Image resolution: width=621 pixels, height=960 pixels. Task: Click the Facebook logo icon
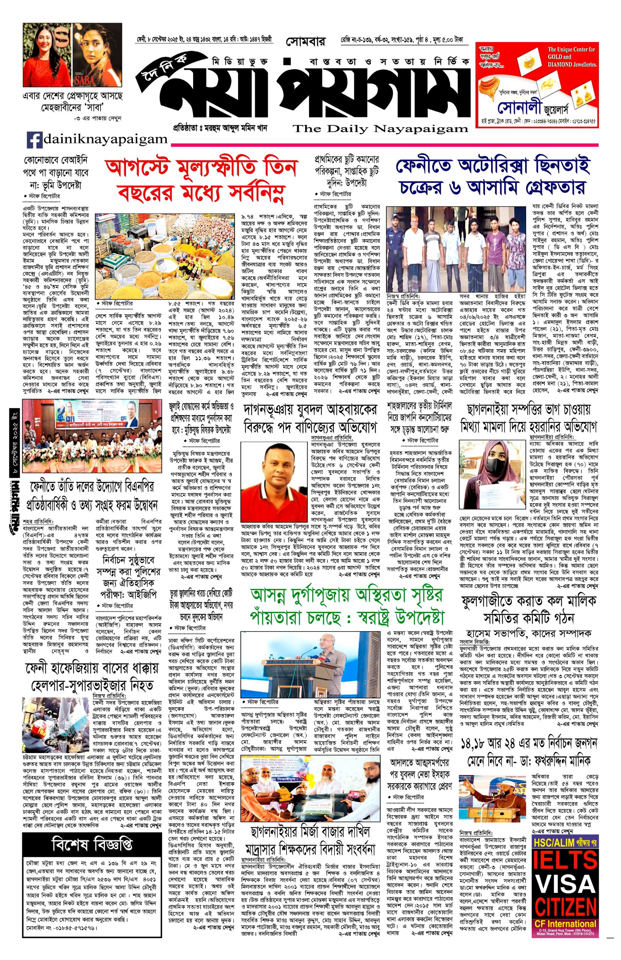pyautogui.click(x=34, y=140)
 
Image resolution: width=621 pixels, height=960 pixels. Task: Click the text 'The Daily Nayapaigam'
pyautogui.click(x=380, y=129)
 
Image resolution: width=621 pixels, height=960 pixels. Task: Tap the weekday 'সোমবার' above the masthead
pyautogui.click(x=305, y=42)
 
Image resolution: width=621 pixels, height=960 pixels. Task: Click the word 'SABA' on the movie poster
pyautogui.click(x=84, y=80)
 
